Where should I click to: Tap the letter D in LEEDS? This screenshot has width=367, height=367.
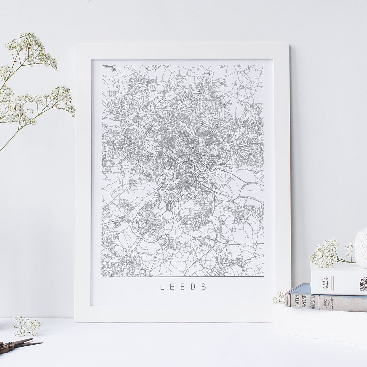pos(193,287)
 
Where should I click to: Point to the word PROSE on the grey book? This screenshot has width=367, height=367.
pos(304,301)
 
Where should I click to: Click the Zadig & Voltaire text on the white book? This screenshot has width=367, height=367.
pos(363,285)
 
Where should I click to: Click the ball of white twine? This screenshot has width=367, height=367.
pos(362,248)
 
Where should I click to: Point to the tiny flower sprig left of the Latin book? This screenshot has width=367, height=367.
pos(279,297)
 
